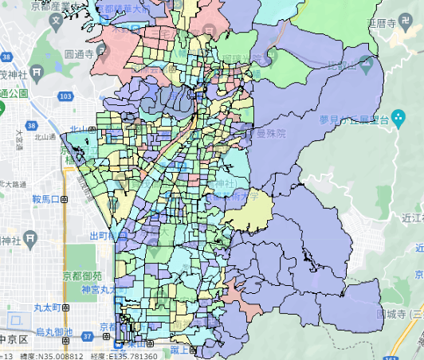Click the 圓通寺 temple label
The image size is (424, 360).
(x=80, y=55)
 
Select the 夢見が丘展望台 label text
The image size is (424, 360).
(x=355, y=119)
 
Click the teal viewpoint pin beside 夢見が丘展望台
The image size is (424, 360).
(x=397, y=120)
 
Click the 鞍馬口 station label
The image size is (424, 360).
(x=47, y=199)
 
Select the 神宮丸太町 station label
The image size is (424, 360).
(x=99, y=290)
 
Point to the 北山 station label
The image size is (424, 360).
(x=78, y=129)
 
